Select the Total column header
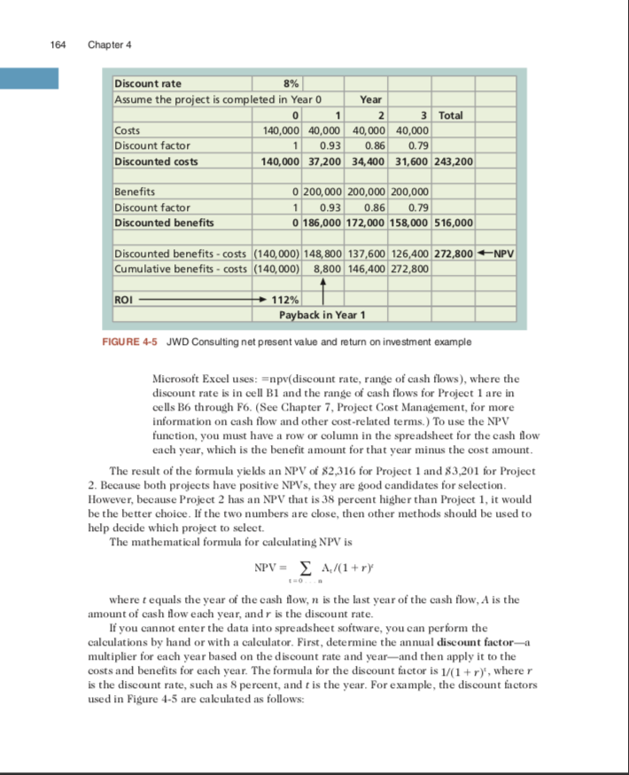pos(456,115)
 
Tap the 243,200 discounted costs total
pos(454,161)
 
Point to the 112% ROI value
pos(291,300)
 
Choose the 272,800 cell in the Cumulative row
pos(410,267)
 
